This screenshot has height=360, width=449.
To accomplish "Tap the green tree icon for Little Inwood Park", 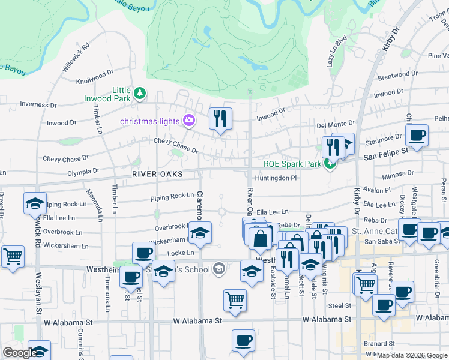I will point(139,93).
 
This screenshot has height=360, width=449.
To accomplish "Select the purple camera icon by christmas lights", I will point(189,121).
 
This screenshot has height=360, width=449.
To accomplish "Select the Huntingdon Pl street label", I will point(276,178).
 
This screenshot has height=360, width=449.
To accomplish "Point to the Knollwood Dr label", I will point(95,76).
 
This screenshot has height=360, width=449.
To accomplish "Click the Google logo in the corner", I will point(20,353).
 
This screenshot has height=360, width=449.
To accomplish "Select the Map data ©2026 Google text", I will point(411,355).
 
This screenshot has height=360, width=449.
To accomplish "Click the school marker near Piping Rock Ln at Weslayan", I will point(35,203).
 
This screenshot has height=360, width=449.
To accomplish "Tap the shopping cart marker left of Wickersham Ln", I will point(13,256).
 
